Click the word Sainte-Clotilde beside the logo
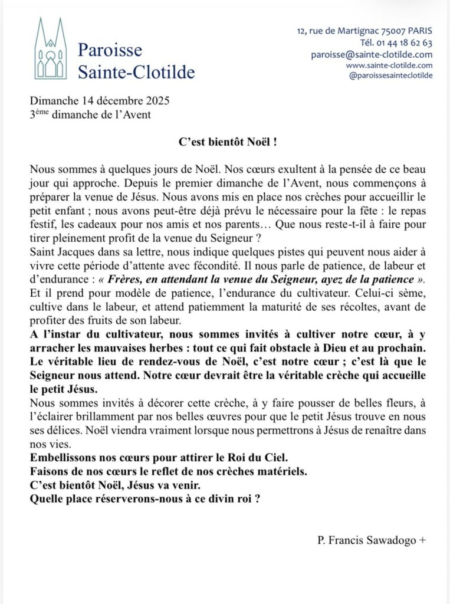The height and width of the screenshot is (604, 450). coord(136,73)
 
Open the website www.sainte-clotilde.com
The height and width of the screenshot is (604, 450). coord(389,65)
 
